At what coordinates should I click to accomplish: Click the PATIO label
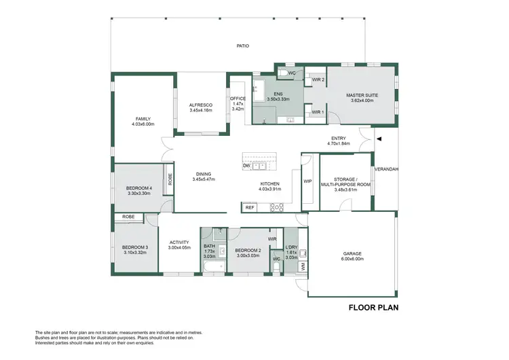click(x=243, y=46)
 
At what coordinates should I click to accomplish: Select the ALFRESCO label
click(x=200, y=105)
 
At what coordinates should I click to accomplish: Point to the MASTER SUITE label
click(x=361, y=95)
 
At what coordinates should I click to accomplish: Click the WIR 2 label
click(x=316, y=80)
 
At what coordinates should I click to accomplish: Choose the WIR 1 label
click(x=316, y=112)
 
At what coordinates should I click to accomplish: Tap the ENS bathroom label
click(x=278, y=94)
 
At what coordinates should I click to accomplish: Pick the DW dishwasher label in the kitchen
click(x=246, y=166)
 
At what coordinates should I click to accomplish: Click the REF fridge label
click(x=250, y=207)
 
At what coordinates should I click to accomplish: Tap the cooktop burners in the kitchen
click(x=278, y=207)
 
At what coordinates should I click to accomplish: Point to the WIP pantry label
click(x=307, y=181)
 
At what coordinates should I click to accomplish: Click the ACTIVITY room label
click(x=179, y=242)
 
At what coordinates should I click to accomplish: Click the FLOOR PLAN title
click(x=373, y=308)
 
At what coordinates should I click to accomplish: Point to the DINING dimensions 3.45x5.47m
click(x=203, y=179)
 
